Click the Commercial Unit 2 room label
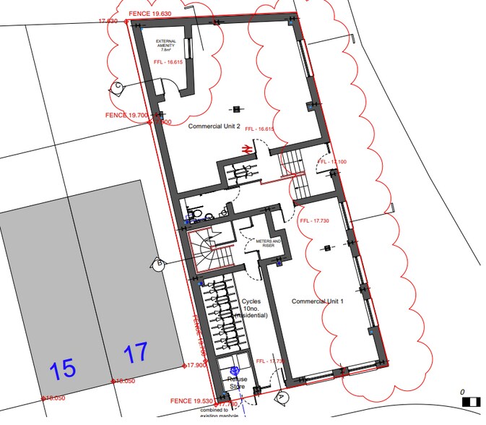click(x=214, y=126)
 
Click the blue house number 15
click(x=63, y=369)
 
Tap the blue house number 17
click(x=135, y=353)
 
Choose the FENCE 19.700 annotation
click(x=126, y=115)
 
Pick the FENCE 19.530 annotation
click(x=191, y=400)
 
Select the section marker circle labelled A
click(x=282, y=398)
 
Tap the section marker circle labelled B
click(x=157, y=265)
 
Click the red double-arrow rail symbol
click(x=246, y=148)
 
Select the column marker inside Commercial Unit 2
click(x=237, y=109)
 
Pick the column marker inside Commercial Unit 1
click(x=327, y=248)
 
